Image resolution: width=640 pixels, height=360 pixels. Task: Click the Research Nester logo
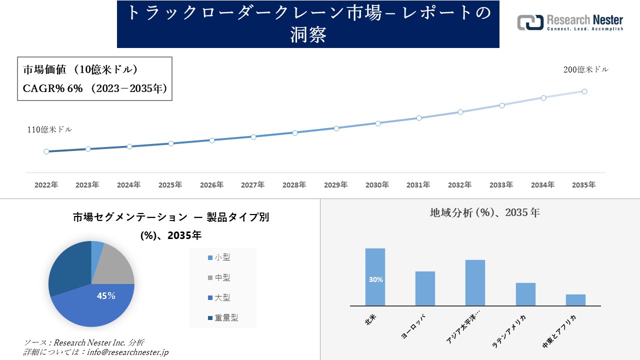570,22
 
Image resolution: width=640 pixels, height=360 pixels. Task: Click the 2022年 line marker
46,151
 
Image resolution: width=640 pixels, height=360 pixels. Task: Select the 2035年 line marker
584,91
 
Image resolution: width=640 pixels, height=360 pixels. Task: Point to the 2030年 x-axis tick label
377,185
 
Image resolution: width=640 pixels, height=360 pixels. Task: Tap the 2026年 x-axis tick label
211,185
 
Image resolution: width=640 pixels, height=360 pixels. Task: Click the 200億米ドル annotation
586,70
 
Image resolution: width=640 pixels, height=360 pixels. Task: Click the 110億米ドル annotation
49,129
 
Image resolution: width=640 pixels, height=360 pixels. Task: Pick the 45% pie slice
100,302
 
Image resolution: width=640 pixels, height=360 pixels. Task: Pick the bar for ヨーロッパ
425,288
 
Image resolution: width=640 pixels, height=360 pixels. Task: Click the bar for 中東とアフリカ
575,300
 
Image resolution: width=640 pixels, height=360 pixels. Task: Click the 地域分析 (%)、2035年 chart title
484,212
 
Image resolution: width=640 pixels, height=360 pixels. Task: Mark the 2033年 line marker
501,105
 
